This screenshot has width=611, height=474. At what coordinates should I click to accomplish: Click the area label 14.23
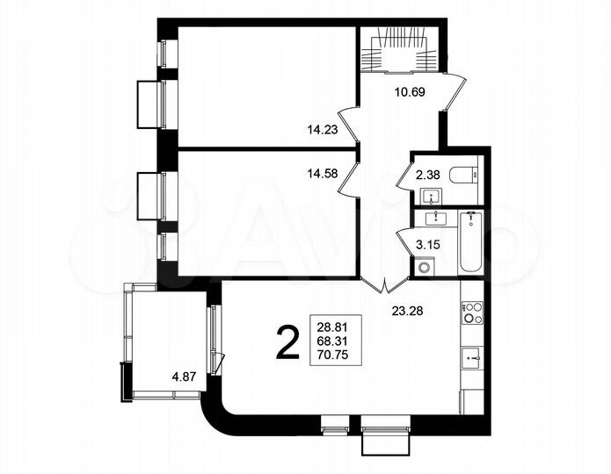(x=323, y=128)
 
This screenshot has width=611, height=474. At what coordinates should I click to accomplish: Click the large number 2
(x=287, y=342)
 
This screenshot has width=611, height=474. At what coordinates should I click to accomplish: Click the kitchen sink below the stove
(x=472, y=356)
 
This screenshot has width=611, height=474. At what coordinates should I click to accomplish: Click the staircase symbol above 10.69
(x=401, y=48)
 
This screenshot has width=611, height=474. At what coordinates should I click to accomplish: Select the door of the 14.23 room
(x=349, y=125)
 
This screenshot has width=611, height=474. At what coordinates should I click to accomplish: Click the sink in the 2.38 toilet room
(x=430, y=194)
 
